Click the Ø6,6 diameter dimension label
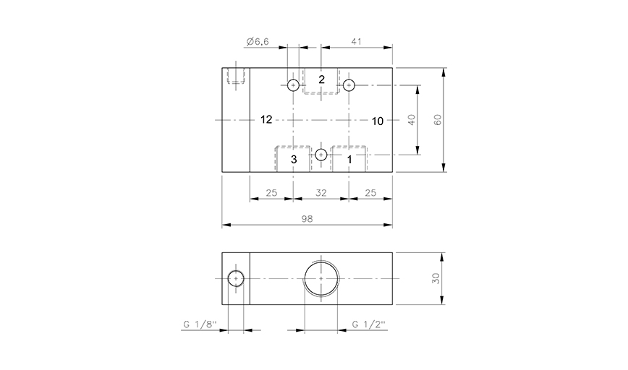pyautogui.click(x=258, y=43)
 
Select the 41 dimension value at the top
pyautogui.click(x=356, y=43)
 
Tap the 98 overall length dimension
pyautogui.click(x=307, y=218)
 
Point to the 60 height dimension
pyautogui.click(x=437, y=120)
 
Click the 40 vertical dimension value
pyautogui.click(x=412, y=120)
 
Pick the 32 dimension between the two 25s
pyautogui.click(x=321, y=192)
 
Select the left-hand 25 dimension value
pyautogui.click(x=271, y=192)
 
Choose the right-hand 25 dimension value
pyautogui.click(x=370, y=192)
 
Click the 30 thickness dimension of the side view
pyautogui.click(x=436, y=279)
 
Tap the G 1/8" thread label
pyautogui.click(x=198, y=324)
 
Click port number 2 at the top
pyautogui.click(x=321, y=79)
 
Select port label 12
pyautogui.click(x=266, y=120)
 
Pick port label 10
pyautogui.click(x=377, y=121)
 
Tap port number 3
pyautogui.click(x=294, y=159)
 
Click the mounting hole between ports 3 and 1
pyautogui.click(x=321, y=154)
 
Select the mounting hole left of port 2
pyautogui.click(x=293, y=85)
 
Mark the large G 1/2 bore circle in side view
pyautogui.click(x=321, y=278)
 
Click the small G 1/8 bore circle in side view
pyautogui.click(x=236, y=279)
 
